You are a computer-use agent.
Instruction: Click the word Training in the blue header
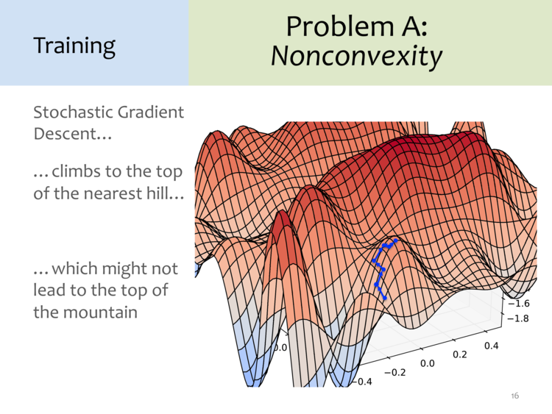[74, 46]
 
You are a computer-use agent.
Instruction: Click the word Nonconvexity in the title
[356, 57]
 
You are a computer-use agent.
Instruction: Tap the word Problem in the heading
[339, 27]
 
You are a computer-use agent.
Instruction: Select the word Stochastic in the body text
[73, 113]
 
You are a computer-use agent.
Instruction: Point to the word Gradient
[151, 113]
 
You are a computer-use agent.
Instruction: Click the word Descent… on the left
[73, 134]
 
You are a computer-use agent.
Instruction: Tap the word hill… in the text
[165, 193]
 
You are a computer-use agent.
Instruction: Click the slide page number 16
[514, 396]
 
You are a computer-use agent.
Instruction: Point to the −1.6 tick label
[518, 303]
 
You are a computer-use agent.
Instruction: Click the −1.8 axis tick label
[518, 318]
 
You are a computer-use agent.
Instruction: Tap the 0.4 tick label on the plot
[492, 346]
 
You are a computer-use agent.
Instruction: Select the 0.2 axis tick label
[460, 354]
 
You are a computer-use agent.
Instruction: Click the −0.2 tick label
[395, 372]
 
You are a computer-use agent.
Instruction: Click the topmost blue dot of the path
[396, 240]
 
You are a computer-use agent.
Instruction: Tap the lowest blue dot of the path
[385, 298]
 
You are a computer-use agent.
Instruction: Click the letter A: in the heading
[414, 27]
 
